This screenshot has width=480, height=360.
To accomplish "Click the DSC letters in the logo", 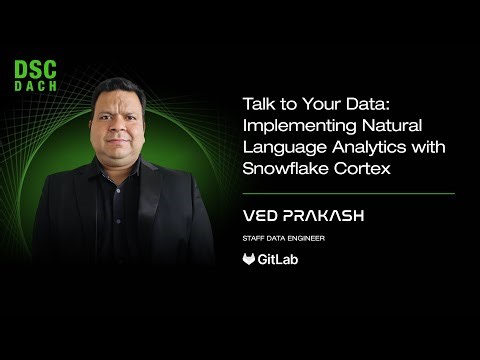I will tap(35, 70).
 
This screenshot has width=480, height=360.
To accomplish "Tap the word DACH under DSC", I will tap(35, 86).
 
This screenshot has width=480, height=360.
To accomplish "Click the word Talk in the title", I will tap(258, 104).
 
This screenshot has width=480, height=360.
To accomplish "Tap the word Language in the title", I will tap(279, 147).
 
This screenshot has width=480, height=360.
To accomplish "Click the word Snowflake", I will tap(283, 168).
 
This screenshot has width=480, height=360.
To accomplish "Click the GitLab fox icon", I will tap(249, 259).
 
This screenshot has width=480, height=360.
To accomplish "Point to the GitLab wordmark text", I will tap(279, 259).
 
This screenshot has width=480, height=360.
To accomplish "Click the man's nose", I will tap(123, 133).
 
